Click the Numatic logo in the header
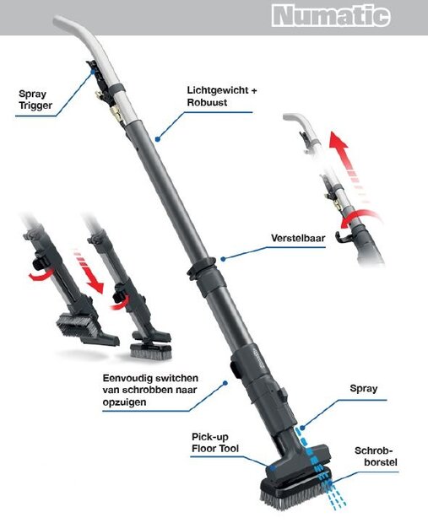pos(331,15)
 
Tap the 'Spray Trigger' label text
pos(35,100)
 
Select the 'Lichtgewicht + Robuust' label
pos(222,96)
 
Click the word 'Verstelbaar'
pos(298,238)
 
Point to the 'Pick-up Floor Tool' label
pos(215,443)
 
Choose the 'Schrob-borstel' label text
pos(376,456)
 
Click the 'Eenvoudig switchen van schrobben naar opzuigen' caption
pos(150,390)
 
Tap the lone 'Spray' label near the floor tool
pos(364,388)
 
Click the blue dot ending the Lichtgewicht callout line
pos(157,138)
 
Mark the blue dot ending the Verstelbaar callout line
pos(223,259)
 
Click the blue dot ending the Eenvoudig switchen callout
pos(225,383)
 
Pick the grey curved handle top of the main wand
pos(84,40)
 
